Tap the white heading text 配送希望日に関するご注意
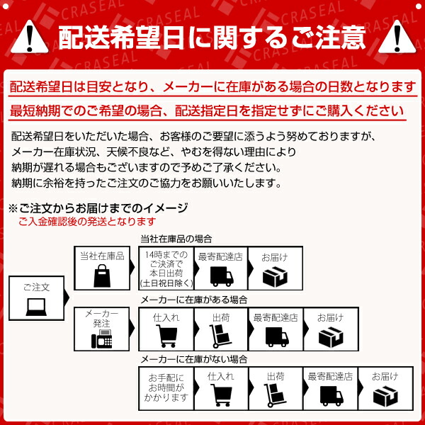coord(212,36)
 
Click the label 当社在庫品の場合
coord(176,239)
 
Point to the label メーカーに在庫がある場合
coord(193,300)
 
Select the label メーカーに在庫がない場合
coord(193,360)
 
